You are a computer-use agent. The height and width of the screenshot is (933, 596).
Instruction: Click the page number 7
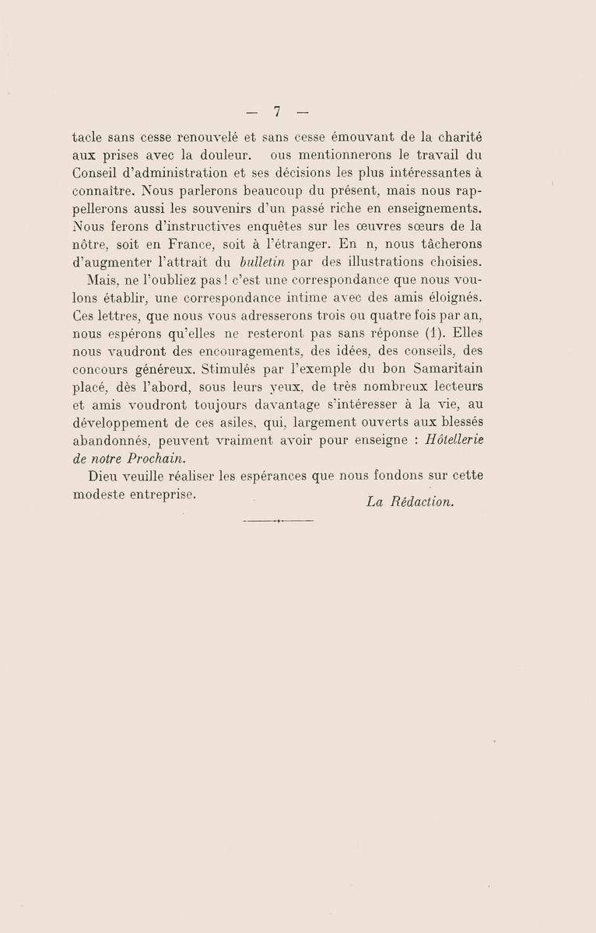coord(276,110)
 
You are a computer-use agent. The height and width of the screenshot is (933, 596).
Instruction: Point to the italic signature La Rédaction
coord(408,502)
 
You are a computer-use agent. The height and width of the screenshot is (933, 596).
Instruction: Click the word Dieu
coord(104,477)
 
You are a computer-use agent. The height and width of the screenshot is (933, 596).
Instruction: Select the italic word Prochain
coord(153,458)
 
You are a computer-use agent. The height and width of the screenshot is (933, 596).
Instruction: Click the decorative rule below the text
coord(278,520)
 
